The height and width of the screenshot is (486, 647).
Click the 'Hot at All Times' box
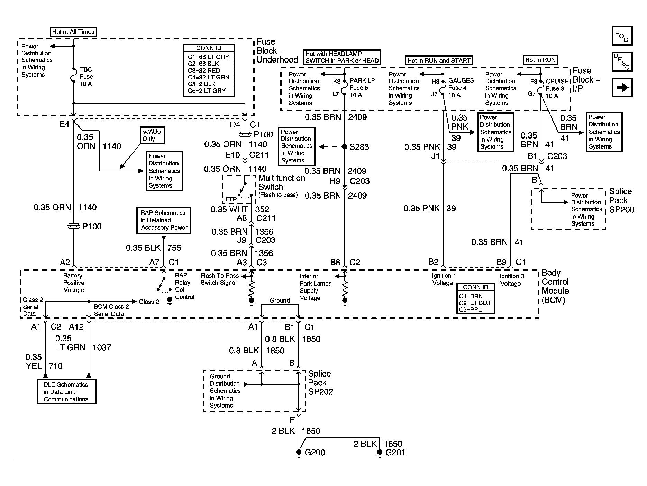[73, 32]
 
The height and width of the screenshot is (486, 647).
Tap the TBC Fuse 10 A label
[86, 77]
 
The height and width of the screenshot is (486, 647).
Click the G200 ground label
[315, 452]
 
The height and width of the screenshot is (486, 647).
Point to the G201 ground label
[395, 452]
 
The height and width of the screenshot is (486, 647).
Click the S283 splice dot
[344, 147]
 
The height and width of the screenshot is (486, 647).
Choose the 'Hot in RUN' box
[540, 60]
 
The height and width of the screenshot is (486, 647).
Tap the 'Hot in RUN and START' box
[439, 60]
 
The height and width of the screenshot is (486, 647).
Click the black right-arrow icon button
[622, 88]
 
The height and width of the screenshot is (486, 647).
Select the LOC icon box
[622, 36]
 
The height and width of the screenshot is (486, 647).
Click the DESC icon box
[622, 62]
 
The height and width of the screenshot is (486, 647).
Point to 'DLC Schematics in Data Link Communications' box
[66, 392]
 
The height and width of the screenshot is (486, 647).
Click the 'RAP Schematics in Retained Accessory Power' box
[163, 220]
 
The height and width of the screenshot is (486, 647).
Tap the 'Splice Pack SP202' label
[320, 383]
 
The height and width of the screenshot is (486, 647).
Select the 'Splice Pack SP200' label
[622, 201]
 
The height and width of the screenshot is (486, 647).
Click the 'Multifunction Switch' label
[282, 182]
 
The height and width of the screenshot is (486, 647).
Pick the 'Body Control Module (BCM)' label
[555, 287]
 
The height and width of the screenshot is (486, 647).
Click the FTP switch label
[231, 199]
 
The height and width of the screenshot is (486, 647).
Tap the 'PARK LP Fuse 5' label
[362, 84]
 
